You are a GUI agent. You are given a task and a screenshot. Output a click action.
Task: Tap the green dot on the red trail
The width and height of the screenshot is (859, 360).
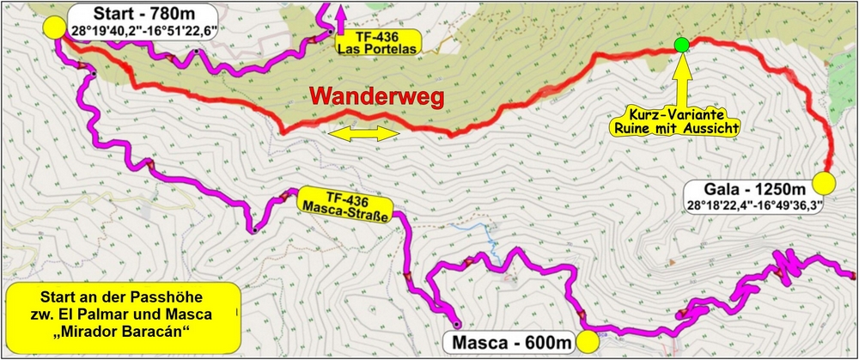[x=681, y=45]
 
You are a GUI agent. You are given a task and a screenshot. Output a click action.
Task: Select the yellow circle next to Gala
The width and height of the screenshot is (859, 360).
[x=824, y=184]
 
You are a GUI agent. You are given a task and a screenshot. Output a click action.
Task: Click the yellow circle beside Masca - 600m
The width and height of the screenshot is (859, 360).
[x=588, y=341]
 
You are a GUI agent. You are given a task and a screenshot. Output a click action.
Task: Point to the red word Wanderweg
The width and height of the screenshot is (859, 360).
[x=377, y=97]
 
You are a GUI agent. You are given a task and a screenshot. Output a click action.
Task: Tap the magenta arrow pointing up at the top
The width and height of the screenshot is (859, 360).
[x=341, y=15]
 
